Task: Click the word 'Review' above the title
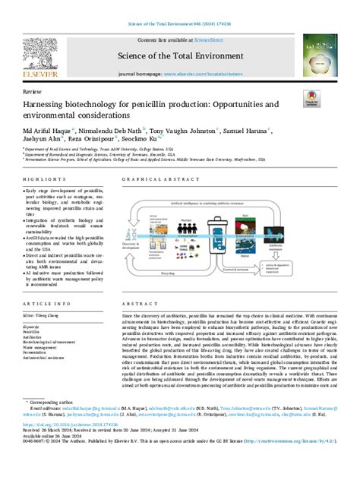[33, 90]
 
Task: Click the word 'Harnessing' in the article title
[49, 104]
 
